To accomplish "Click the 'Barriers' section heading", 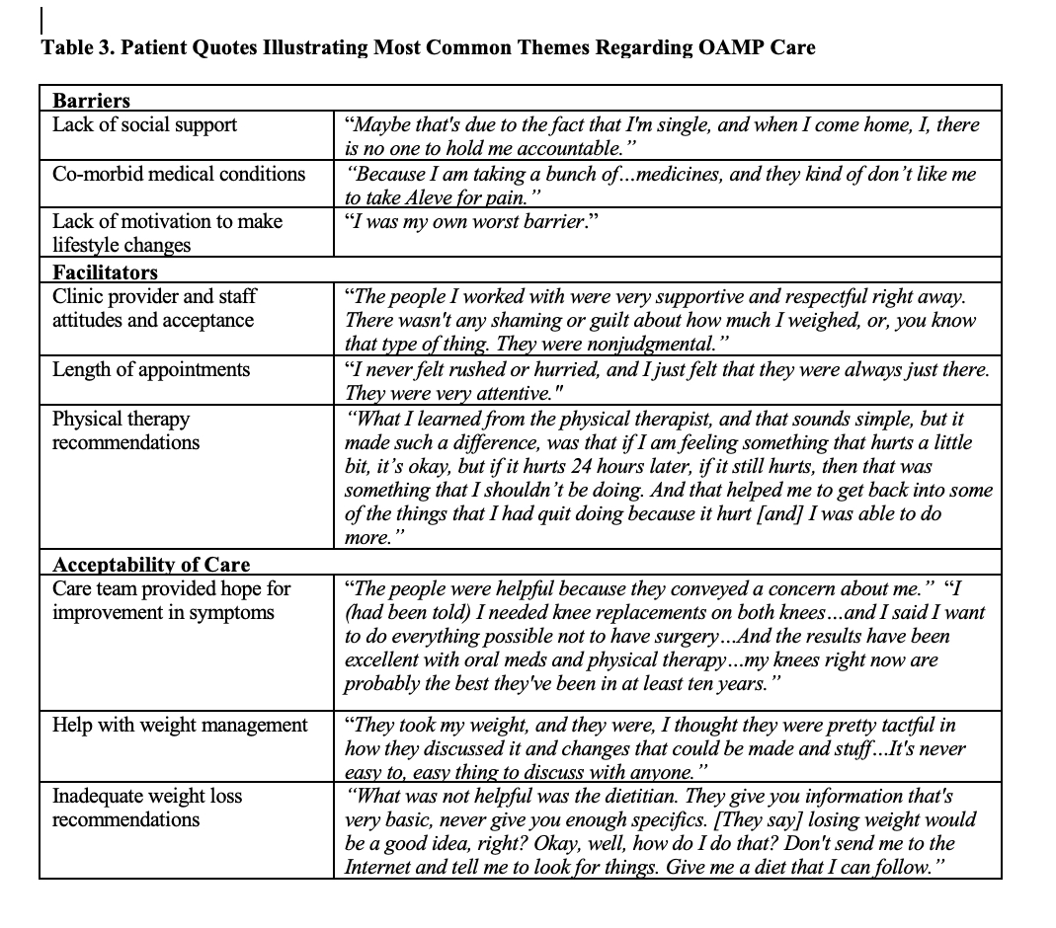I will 91,101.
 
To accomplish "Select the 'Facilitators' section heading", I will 105,271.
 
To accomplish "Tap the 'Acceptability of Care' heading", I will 150,565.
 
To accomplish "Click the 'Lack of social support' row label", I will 144,124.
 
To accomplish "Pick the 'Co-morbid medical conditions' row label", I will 179,174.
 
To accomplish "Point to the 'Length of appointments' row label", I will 150,369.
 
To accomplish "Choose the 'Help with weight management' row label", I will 180,725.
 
